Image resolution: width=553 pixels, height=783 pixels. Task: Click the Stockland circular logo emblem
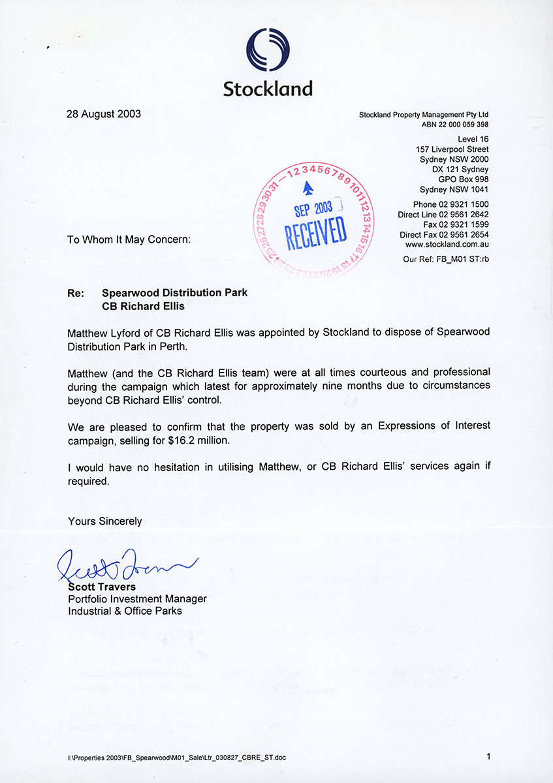tap(268, 50)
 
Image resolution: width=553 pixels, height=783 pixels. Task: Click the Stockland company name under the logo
tap(268, 88)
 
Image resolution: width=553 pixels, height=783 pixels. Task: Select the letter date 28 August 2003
tap(104, 114)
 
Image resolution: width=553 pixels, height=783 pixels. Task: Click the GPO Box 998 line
tap(463, 179)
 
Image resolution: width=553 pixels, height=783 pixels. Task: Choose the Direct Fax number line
tap(444, 235)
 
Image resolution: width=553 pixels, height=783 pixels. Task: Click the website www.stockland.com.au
tap(447, 245)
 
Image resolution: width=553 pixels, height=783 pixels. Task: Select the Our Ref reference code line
tap(447, 259)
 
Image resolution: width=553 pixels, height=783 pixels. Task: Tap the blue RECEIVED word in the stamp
tap(315, 232)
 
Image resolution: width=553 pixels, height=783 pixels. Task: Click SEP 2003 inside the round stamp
tap(313, 208)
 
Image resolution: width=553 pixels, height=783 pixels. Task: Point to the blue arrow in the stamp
tap(308, 189)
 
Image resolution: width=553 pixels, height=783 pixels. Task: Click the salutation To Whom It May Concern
tap(129, 239)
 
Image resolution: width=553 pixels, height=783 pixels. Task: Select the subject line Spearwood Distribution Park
tap(174, 293)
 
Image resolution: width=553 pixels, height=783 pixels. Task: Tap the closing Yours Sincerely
tap(104, 521)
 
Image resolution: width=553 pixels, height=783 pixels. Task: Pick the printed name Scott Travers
tap(102, 587)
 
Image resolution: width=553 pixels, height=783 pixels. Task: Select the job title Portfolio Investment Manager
tap(137, 598)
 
